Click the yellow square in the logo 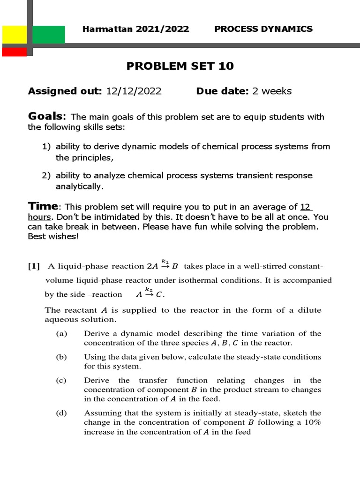point(14,35)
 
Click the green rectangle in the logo point(49,35)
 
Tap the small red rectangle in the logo point(14,52)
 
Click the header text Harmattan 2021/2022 point(135,29)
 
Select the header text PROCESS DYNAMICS point(263,29)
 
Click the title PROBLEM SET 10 point(180,67)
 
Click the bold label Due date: point(223,91)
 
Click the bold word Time point(43,207)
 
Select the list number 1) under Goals point(46,146)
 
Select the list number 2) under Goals point(46,175)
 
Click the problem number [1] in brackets point(34,267)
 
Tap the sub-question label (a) point(61,334)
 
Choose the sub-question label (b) point(61,357)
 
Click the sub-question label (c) point(61,380)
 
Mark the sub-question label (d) point(61,413)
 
